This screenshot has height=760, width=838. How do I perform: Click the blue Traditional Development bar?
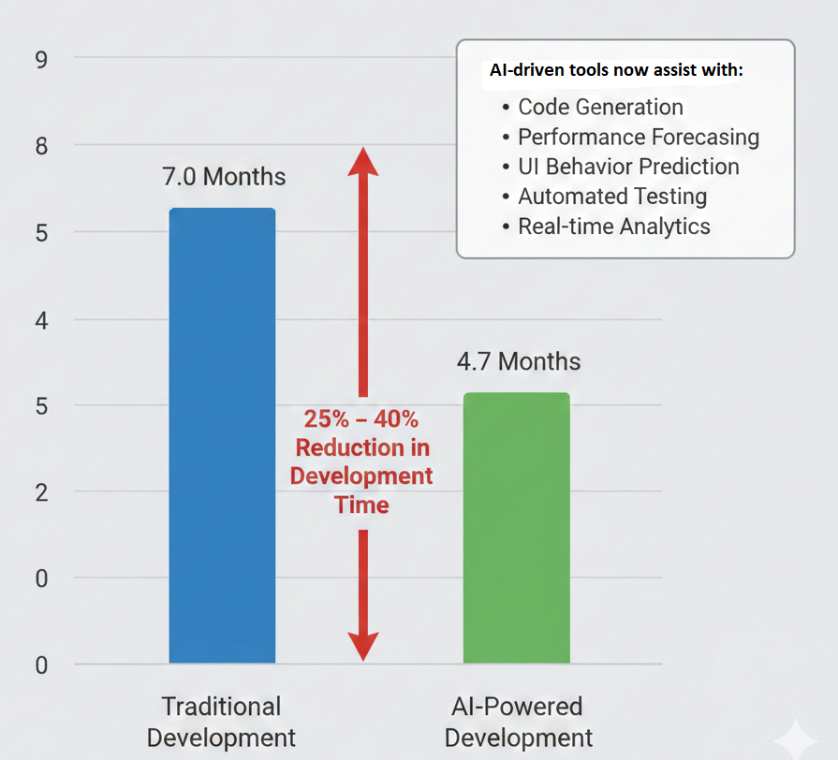222,435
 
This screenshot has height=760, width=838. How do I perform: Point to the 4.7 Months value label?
518,361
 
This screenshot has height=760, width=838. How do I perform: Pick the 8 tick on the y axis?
41,146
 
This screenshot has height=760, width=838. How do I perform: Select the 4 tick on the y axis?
41,320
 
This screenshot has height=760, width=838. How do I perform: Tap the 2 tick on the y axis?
41,492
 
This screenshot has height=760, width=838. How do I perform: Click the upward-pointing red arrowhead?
362,161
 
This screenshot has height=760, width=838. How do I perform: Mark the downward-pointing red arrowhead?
362,645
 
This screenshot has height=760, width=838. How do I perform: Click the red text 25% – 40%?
360,419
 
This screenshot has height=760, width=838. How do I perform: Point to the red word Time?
360,505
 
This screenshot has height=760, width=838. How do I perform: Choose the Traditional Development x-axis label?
221,721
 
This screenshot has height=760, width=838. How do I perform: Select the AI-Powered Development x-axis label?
518,721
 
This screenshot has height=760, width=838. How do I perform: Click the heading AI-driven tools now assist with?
616,70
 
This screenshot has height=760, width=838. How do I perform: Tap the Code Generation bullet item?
600,107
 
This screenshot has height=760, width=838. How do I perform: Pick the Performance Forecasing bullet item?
638,137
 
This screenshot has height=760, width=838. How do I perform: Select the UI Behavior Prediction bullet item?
628,167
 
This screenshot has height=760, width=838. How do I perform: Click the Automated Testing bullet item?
612,197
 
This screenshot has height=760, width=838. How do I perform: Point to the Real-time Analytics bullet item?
613,227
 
